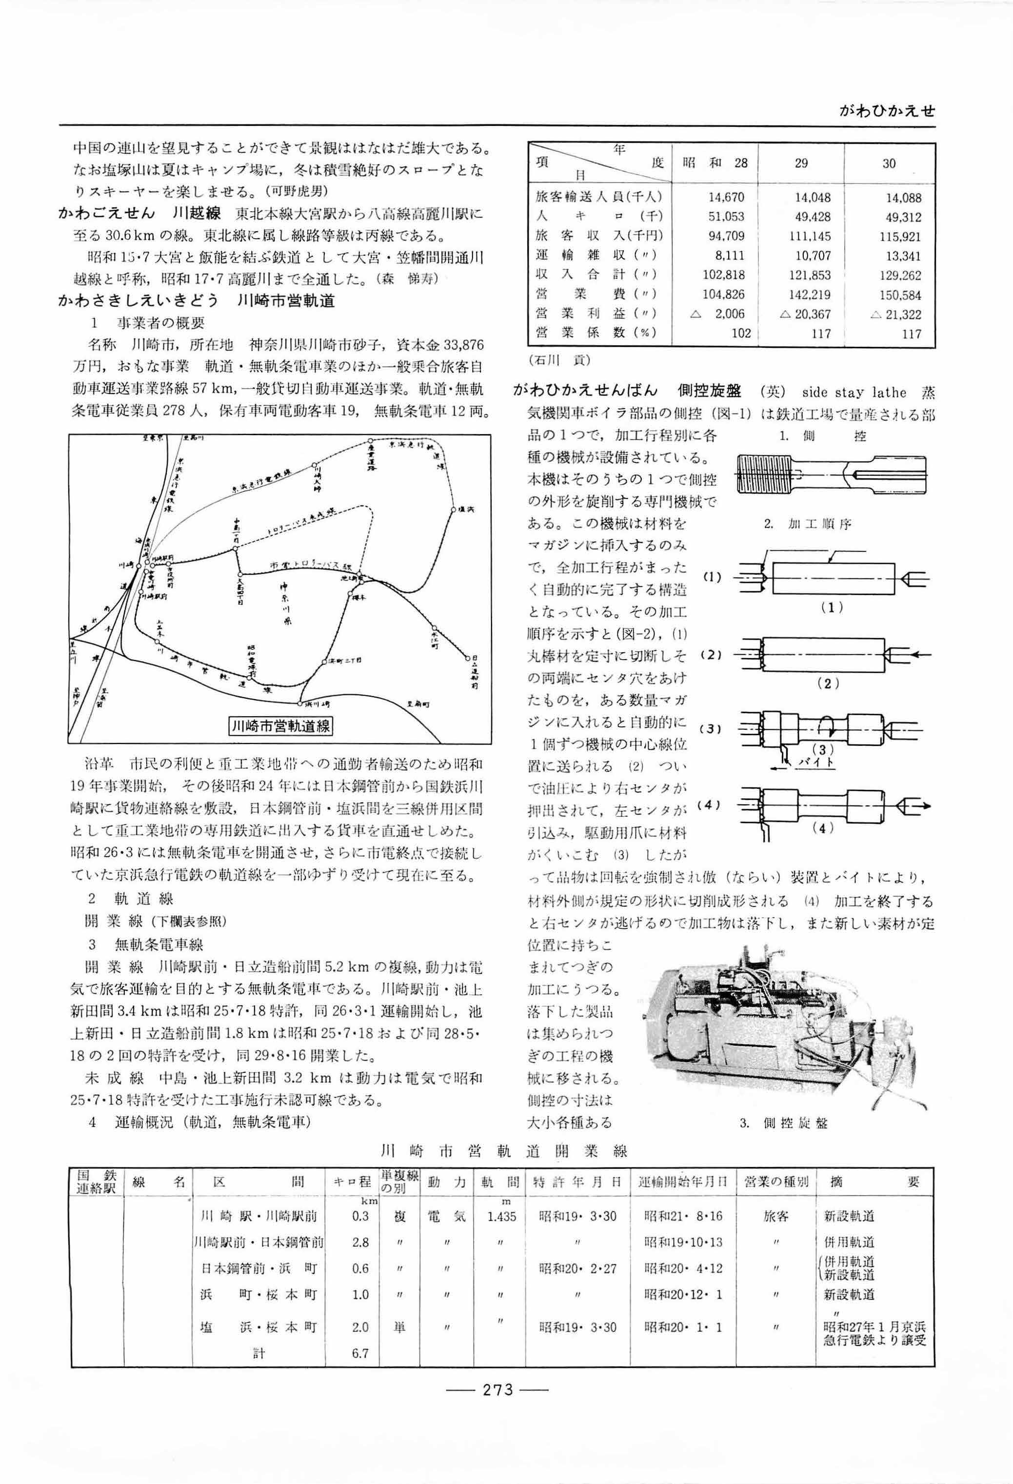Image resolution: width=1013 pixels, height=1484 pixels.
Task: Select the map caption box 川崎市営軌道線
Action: [281, 725]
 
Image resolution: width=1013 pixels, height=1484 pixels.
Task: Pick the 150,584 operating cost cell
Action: [899, 295]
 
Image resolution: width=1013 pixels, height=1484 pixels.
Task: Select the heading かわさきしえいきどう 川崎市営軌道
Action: [197, 300]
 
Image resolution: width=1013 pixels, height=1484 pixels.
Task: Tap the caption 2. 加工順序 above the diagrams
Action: [808, 524]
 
